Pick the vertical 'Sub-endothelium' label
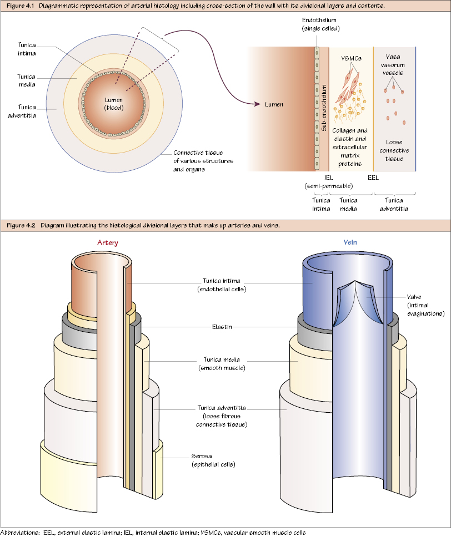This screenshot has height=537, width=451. [324, 108]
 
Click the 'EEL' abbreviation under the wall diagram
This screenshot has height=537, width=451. [373, 178]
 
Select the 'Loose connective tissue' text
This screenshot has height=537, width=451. [398, 151]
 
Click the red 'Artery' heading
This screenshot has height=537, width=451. [107, 243]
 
